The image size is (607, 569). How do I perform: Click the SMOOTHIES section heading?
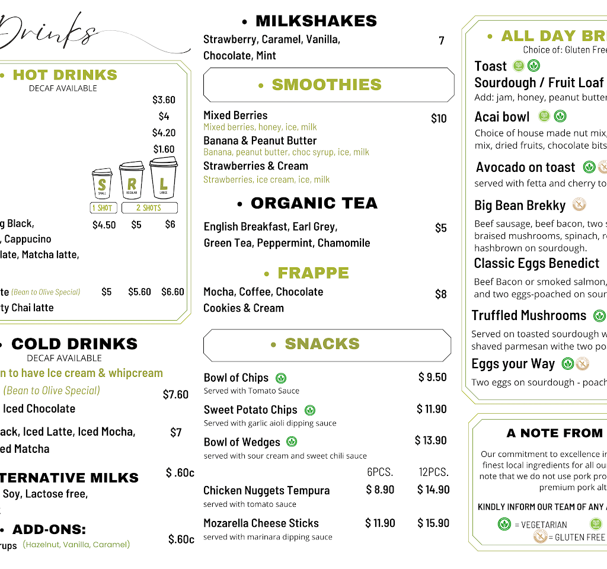[x=327, y=85]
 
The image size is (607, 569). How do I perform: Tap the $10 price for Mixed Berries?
[x=439, y=119]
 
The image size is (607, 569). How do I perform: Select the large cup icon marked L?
[x=164, y=178]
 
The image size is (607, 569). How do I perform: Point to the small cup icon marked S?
[x=103, y=184]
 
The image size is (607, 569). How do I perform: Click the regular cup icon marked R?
[x=132, y=181]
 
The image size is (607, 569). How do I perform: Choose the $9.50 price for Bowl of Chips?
[x=432, y=377]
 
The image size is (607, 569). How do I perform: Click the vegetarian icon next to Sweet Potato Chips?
[x=309, y=410]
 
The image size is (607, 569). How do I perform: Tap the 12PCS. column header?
[x=433, y=472]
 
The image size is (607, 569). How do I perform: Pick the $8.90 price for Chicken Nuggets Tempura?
[x=380, y=490]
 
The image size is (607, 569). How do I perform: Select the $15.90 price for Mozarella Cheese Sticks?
[x=433, y=523]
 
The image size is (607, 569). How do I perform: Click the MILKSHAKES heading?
[x=316, y=21]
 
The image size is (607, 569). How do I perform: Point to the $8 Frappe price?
[x=441, y=294]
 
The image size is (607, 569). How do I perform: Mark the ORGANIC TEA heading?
[x=314, y=203]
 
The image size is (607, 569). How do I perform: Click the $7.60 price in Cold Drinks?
[x=175, y=395]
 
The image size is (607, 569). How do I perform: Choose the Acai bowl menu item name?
[x=502, y=117]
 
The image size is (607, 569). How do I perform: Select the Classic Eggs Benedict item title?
[x=536, y=263]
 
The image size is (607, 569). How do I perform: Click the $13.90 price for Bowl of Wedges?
[x=430, y=440]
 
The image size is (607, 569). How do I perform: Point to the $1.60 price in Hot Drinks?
[x=164, y=149]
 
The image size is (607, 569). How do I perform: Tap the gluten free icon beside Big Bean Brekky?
[x=579, y=205]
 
